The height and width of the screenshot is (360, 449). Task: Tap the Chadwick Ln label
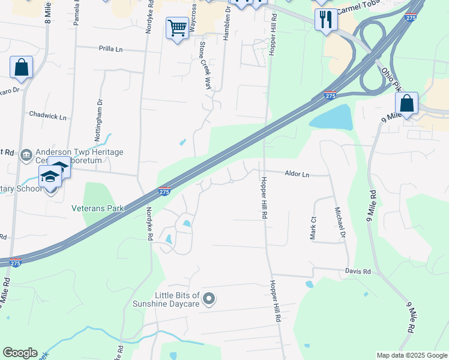point(48,116)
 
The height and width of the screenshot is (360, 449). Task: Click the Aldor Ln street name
point(297,175)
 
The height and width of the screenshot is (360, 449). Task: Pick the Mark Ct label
point(313,229)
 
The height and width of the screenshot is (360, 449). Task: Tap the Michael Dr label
point(340,222)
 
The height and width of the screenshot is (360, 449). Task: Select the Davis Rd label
point(358,271)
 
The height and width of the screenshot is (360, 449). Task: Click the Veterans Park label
point(97,208)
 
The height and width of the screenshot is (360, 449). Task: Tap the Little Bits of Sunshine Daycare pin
point(209,298)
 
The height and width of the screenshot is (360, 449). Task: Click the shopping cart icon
point(177,28)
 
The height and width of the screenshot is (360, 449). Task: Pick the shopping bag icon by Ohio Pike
point(406,103)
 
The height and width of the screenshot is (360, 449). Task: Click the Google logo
point(20,353)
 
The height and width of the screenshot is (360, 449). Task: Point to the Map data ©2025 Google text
point(411,355)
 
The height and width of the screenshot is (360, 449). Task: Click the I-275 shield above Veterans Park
point(164,191)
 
